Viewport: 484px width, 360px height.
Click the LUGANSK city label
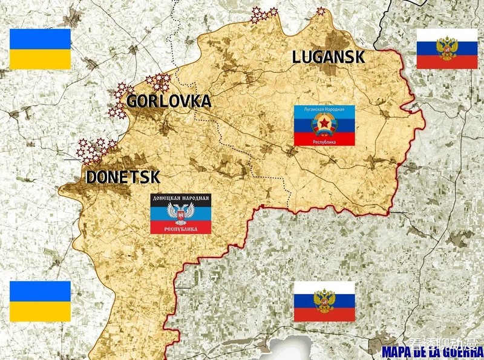[x=329, y=57]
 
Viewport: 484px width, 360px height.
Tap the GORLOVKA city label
[x=168, y=101]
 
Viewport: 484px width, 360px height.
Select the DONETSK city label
[x=123, y=177]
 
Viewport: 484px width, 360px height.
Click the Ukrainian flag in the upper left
[x=40, y=48]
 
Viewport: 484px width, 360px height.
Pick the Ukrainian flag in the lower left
[x=40, y=301]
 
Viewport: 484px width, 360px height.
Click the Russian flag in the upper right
[x=447, y=48]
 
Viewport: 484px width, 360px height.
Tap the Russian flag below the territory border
[x=324, y=301]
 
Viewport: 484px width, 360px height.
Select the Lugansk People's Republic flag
[x=324, y=125]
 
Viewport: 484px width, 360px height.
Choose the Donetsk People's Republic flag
[x=181, y=214]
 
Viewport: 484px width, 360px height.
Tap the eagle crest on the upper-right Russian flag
[x=447, y=48]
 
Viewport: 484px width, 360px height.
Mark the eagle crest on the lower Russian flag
[x=324, y=301]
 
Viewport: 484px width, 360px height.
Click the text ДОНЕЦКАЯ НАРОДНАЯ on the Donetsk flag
[x=181, y=198]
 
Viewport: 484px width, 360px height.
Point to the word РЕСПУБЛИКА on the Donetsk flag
[x=181, y=229]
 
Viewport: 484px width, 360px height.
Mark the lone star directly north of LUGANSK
[x=321, y=11]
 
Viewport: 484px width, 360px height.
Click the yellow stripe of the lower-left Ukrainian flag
[x=40, y=312]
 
